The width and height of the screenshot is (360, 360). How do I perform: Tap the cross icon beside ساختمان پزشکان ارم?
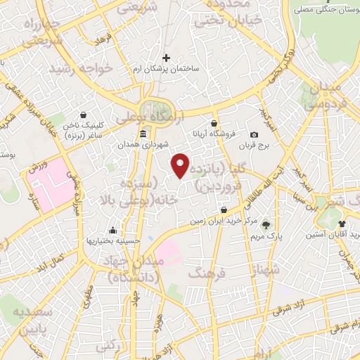(x=166, y=58)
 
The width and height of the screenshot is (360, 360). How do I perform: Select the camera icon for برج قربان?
(x=254, y=134)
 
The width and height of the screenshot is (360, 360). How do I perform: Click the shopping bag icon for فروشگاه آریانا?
(x=214, y=123)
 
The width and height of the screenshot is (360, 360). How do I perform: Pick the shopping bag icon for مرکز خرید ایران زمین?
(x=224, y=210)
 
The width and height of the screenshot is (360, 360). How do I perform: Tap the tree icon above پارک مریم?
(x=266, y=225)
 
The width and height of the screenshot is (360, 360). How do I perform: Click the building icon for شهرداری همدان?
(x=143, y=134)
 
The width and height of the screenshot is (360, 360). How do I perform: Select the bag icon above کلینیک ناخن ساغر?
(x=84, y=115)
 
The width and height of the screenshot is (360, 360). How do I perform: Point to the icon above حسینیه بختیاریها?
(x=112, y=229)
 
